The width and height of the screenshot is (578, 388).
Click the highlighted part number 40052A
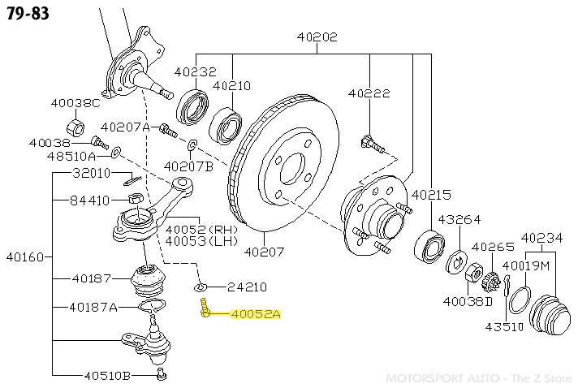[x=255, y=314]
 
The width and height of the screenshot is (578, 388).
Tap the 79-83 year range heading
[x=26, y=15]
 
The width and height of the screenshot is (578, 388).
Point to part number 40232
[x=195, y=71]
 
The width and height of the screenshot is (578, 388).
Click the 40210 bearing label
[x=231, y=85]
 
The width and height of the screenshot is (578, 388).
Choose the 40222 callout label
[x=369, y=93]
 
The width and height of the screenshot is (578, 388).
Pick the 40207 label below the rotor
[x=265, y=252]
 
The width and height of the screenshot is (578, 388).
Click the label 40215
[x=431, y=195]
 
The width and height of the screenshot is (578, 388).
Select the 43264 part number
[x=459, y=219]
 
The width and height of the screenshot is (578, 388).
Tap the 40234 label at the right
[x=541, y=238]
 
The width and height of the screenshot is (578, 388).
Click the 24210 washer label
[x=247, y=287]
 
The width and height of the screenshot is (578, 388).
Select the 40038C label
[x=75, y=103]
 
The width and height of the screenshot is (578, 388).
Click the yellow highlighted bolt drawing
[x=205, y=308]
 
